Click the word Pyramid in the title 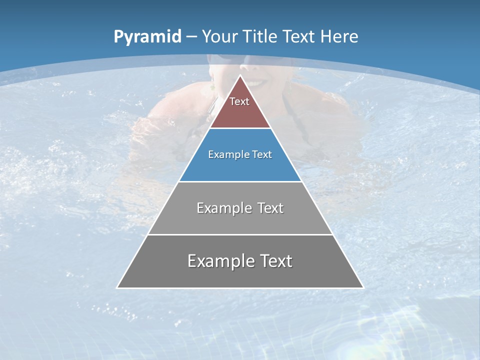147,37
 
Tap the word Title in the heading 259,36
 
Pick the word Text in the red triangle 239,101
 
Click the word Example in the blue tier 225,154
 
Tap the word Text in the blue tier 262,154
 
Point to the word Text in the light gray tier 270,208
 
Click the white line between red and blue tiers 240,128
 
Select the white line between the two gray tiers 240,234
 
